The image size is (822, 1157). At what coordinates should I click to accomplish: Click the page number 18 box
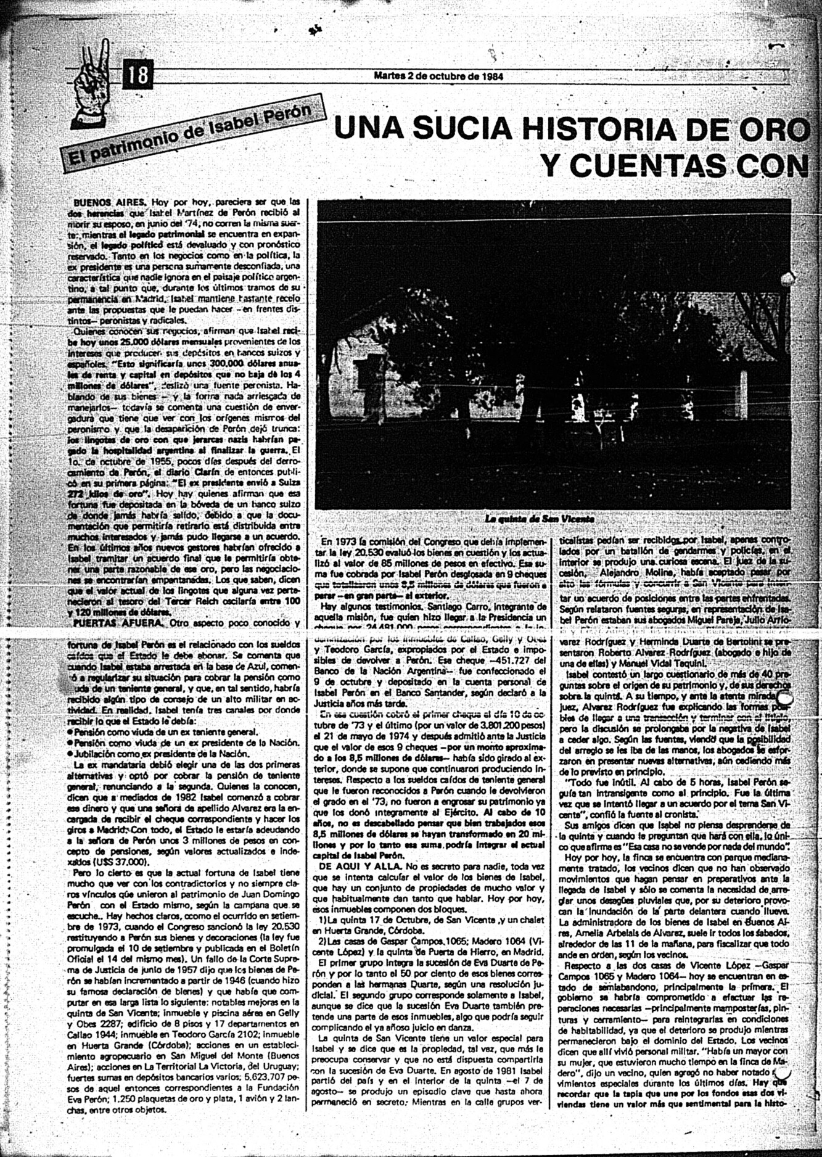pyautogui.click(x=138, y=75)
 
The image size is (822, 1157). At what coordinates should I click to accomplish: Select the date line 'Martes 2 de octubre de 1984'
pyautogui.click(x=438, y=76)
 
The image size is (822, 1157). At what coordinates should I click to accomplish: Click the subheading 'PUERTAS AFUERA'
pyautogui.click(x=120, y=624)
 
